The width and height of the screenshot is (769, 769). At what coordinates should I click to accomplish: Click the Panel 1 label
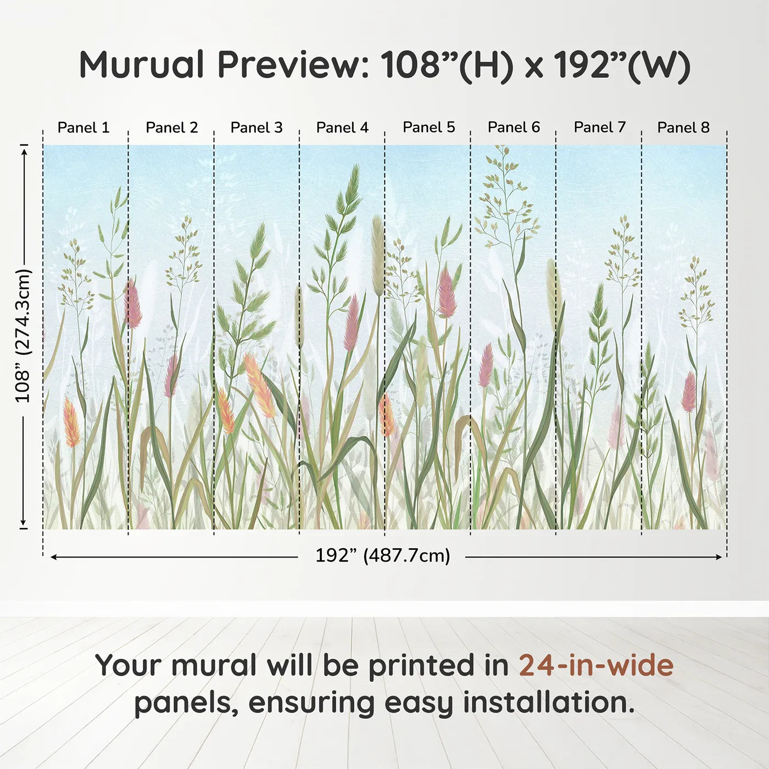click(x=83, y=127)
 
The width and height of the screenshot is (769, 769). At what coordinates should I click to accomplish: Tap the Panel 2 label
click(x=171, y=127)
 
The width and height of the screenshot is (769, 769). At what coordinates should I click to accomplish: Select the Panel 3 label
click(x=257, y=127)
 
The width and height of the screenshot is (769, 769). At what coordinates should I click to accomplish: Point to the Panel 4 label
click(x=342, y=127)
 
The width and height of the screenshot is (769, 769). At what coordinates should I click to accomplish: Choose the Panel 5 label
click(x=428, y=127)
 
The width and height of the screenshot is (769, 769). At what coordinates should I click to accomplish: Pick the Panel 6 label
click(x=514, y=127)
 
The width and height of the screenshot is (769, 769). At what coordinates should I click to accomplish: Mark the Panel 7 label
click(x=600, y=127)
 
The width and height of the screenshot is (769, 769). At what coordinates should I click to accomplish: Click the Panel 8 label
click(x=684, y=127)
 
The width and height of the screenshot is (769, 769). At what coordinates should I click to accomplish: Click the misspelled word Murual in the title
click(x=142, y=65)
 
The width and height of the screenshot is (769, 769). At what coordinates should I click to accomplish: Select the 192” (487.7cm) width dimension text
click(x=383, y=556)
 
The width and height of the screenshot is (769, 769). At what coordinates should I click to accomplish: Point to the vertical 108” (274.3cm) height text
click(x=23, y=336)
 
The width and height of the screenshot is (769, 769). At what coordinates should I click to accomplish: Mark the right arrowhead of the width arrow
click(x=720, y=557)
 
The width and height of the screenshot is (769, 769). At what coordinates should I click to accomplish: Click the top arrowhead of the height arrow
click(x=24, y=151)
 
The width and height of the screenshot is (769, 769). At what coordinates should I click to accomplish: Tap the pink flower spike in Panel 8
click(x=689, y=392)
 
